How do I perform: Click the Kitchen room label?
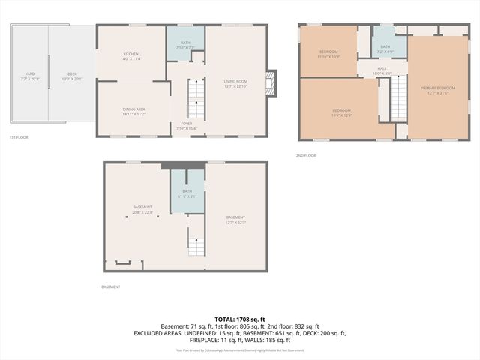point(132,55)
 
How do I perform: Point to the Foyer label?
point(181,126)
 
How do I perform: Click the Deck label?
point(72,75)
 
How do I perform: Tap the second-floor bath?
point(385,49)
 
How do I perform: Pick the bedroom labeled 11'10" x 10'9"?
point(329,54)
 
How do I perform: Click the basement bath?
point(186,193)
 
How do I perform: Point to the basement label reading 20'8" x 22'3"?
point(142,209)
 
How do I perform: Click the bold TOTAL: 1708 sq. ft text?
point(240,319)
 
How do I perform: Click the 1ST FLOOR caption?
point(19,138)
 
